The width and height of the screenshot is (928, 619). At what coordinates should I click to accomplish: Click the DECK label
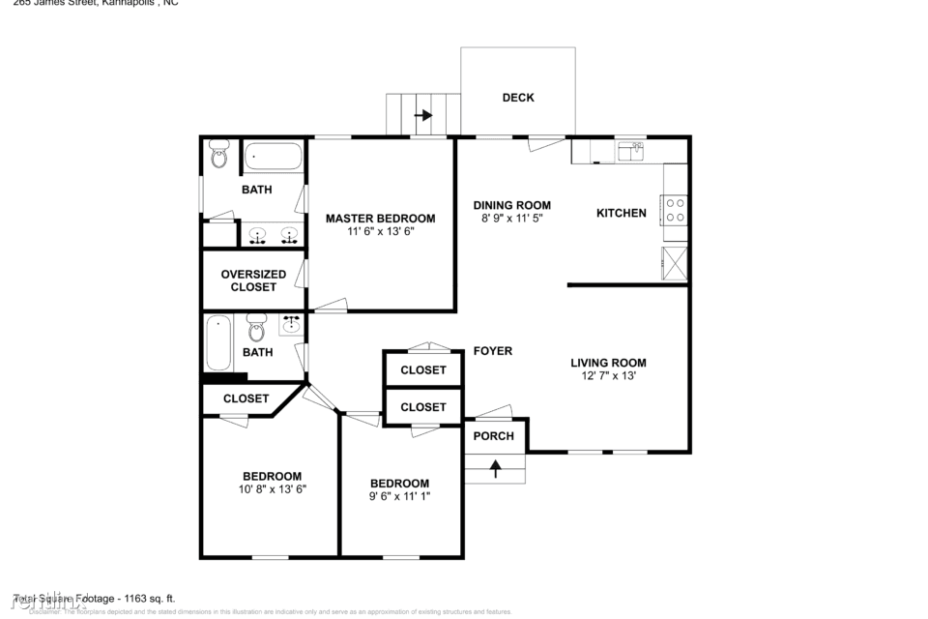click(x=518, y=98)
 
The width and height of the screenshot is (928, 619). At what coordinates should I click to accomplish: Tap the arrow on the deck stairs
click(x=423, y=115)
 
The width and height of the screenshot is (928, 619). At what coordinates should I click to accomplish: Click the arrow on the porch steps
click(x=496, y=470)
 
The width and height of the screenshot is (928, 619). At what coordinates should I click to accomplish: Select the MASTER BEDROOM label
click(x=380, y=219)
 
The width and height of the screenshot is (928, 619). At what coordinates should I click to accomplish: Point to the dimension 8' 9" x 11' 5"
click(x=511, y=219)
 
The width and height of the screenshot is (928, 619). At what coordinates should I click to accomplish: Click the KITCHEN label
click(x=621, y=213)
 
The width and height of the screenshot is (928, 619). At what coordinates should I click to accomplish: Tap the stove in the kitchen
click(x=675, y=211)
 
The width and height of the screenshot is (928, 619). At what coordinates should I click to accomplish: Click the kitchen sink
click(x=631, y=150)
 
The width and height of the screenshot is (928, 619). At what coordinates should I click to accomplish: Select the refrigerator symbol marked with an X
click(x=675, y=263)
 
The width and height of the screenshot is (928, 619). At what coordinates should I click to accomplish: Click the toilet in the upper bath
click(x=219, y=154)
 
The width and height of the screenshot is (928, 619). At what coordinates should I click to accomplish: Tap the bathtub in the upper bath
click(x=273, y=156)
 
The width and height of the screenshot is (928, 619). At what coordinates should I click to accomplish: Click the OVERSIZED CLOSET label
click(x=253, y=280)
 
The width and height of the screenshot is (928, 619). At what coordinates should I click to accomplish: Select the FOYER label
click(x=492, y=351)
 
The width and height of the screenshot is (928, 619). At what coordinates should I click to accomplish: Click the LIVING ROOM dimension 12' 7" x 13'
click(x=608, y=376)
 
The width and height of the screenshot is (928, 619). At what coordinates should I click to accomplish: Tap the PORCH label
click(x=493, y=436)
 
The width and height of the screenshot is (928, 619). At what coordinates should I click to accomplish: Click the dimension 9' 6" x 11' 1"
click(x=399, y=496)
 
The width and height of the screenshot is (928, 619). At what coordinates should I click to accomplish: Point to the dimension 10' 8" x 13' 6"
click(x=272, y=489)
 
